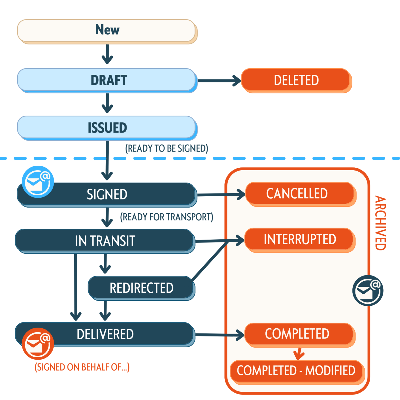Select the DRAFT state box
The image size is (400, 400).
click(x=107, y=80)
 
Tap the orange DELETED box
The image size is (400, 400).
click(x=296, y=80)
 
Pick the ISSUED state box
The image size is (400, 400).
click(x=107, y=128)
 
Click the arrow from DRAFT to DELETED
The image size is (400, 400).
click(x=219, y=80)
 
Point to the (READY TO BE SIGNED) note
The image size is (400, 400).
click(x=167, y=148)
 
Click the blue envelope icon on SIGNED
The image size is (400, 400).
click(x=38, y=182)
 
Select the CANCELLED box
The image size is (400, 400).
click(x=299, y=193)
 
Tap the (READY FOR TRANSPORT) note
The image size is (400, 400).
click(x=167, y=217)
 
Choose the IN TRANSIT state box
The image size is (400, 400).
click(x=105, y=241)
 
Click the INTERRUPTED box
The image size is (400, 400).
click(x=299, y=239)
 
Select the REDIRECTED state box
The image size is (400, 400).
click(x=141, y=288)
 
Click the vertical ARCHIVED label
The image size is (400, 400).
click(x=380, y=223)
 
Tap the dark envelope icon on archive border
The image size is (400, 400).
click(x=368, y=290)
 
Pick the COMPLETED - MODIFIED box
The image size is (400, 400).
click(x=296, y=371)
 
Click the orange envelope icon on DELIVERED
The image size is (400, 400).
click(x=38, y=344)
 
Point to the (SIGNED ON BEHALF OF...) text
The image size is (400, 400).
click(x=82, y=367)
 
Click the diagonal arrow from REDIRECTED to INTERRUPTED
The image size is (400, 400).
click(x=210, y=260)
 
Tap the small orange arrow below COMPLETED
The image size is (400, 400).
click(x=299, y=354)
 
